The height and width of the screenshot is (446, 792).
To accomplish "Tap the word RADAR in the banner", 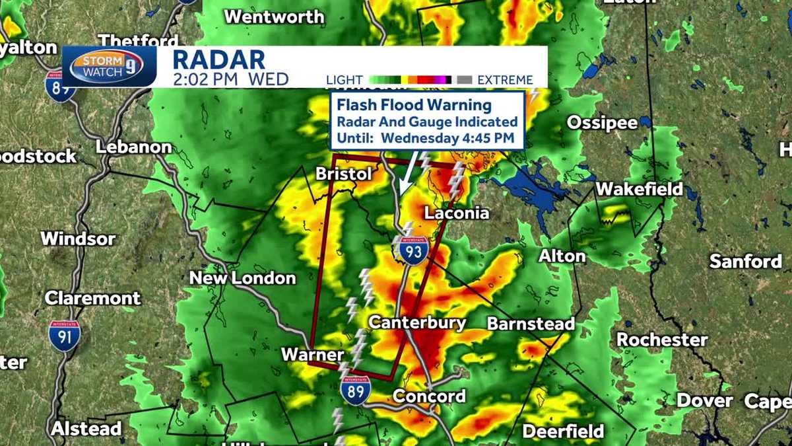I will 218,59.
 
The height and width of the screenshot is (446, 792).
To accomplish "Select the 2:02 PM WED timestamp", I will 230,80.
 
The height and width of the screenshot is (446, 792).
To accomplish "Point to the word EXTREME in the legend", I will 505,81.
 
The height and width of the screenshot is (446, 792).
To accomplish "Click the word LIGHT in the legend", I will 345,81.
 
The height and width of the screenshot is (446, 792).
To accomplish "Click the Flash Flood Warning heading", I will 414,105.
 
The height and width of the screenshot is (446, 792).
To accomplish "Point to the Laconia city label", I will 457,213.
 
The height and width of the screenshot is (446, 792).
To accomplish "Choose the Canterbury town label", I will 417,323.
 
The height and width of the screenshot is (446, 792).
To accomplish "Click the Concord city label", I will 429,396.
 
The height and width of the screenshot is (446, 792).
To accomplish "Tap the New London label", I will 242,278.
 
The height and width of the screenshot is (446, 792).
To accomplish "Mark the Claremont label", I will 92,299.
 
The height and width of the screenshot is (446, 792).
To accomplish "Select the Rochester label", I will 662,340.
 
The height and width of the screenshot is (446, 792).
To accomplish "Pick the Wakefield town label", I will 639,190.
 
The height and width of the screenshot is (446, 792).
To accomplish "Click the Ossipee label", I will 602,123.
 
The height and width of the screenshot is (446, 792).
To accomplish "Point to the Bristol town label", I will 343,174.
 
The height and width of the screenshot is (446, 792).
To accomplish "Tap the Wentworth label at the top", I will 274,17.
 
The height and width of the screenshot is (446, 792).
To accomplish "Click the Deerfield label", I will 563,432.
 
